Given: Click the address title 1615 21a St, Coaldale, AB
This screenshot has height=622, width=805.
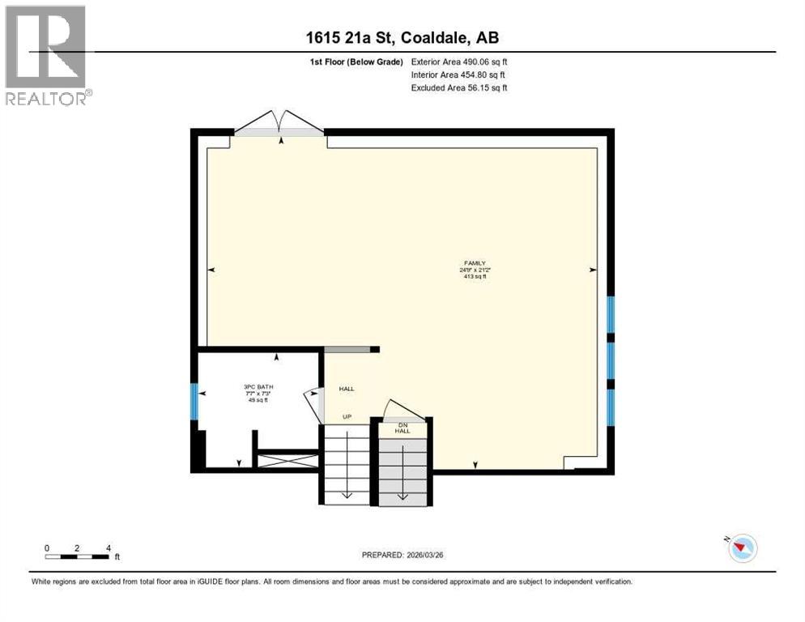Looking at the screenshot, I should [x=402, y=38].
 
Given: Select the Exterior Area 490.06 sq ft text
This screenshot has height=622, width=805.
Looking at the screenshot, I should [x=459, y=62].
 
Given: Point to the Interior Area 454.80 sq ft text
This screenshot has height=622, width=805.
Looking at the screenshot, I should [x=458, y=75].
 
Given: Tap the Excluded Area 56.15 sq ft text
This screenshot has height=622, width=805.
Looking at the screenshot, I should [x=459, y=87].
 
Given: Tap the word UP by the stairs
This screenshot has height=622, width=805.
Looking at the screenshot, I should [x=346, y=417].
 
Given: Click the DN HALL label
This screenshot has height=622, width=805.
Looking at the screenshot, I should [x=402, y=428].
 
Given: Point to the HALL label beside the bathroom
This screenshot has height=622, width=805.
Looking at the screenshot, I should [x=346, y=389].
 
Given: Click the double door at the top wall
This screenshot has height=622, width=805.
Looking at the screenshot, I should [x=279, y=124].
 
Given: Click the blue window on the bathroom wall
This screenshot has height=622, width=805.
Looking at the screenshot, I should [x=194, y=402].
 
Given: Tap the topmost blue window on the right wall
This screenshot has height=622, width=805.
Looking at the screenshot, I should [x=611, y=314].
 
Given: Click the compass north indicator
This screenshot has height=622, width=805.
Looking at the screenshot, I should [x=741, y=549].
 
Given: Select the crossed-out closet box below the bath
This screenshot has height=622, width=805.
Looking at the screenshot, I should [x=287, y=461].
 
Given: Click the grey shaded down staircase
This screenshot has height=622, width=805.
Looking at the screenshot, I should [x=402, y=470].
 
